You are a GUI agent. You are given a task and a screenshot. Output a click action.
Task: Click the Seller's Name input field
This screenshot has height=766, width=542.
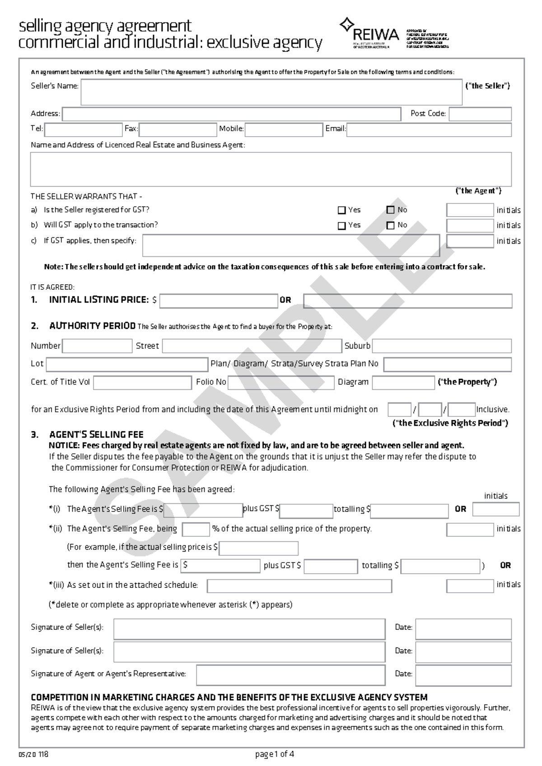click(x=271, y=92)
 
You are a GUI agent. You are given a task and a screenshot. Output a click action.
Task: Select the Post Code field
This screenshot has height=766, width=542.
click(x=480, y=114)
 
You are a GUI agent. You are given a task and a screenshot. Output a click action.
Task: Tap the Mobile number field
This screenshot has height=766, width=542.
click(x=283, y=130)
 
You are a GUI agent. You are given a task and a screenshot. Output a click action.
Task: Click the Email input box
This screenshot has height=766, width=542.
click(x=429, y=130)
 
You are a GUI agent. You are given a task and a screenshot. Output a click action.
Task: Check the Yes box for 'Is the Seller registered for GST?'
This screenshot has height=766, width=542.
click(x=342, y=210)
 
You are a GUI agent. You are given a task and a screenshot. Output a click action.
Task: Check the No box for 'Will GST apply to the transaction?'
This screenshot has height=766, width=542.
click(x=391, y=226)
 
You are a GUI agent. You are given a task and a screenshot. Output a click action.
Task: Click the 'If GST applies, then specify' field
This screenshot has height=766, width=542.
click(x=291, y=245)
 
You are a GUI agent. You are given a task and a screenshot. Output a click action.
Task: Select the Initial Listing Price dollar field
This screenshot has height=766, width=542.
click(x=219, y=301)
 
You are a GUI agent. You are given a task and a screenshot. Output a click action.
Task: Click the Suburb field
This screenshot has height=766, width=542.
click(x=441, y=346)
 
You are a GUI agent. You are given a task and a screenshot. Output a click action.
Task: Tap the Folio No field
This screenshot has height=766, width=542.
click(x=280, y=383)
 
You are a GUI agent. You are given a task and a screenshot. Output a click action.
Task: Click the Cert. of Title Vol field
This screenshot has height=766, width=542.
click(x=142, y=383)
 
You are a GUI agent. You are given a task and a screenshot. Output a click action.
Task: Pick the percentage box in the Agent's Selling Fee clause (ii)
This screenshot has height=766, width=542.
click(x=196, y=529)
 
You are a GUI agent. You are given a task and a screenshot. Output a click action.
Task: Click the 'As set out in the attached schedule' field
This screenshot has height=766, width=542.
click(x=299, y=586)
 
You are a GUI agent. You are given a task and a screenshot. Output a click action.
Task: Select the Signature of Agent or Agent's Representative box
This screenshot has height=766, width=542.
click(x=290, y=675)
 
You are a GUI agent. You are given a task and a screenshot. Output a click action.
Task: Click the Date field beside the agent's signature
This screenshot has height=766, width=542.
click(x=463, y=675)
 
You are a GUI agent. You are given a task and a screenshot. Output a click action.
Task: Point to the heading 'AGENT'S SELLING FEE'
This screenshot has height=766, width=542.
click(x=96, y=435)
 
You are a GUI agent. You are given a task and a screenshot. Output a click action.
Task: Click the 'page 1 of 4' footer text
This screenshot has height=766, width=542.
click(x=275, y=754)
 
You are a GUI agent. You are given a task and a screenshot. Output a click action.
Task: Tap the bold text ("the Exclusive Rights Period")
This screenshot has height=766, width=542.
click(x=450, y=423)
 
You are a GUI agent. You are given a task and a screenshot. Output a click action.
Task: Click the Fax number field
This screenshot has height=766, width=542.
click(x=178, y=130)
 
